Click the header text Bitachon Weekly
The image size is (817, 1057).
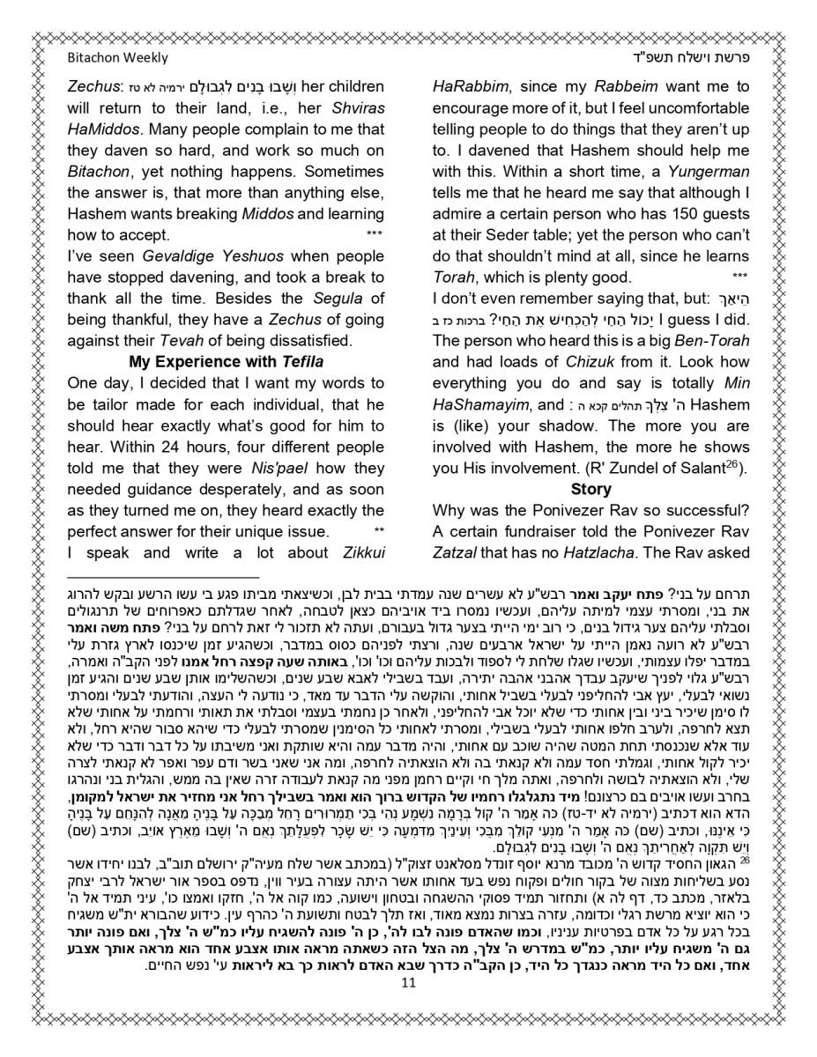tap(117, 58)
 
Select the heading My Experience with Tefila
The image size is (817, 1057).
tap(227, 361)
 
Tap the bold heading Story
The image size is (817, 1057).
tap(590, 488)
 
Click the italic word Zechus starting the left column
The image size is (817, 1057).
tap(93, 86)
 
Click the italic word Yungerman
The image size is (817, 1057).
tap(706, 171)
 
